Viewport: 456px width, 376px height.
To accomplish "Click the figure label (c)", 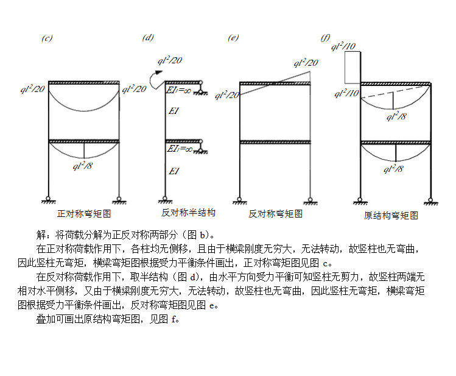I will point(47,38).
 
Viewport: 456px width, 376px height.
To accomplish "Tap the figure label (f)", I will point(325,38).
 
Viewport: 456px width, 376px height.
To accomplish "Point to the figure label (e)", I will point(233,38).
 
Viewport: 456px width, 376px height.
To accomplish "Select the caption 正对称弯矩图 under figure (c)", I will point(83,214).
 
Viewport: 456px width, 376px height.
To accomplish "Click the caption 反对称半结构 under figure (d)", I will point(188,213).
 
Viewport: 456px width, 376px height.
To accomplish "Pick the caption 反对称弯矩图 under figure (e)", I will point(275,214).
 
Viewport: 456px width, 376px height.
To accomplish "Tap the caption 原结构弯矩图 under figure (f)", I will point(391,215).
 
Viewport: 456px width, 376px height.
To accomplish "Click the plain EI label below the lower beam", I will point(174,171).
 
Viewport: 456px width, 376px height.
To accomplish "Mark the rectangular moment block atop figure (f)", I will point(352,67).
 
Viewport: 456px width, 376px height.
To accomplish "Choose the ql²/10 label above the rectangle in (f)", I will point(343,46).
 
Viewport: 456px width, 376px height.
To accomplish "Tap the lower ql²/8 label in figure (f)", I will point(393,169).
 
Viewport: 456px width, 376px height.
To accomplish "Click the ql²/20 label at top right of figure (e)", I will point(306,62).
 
